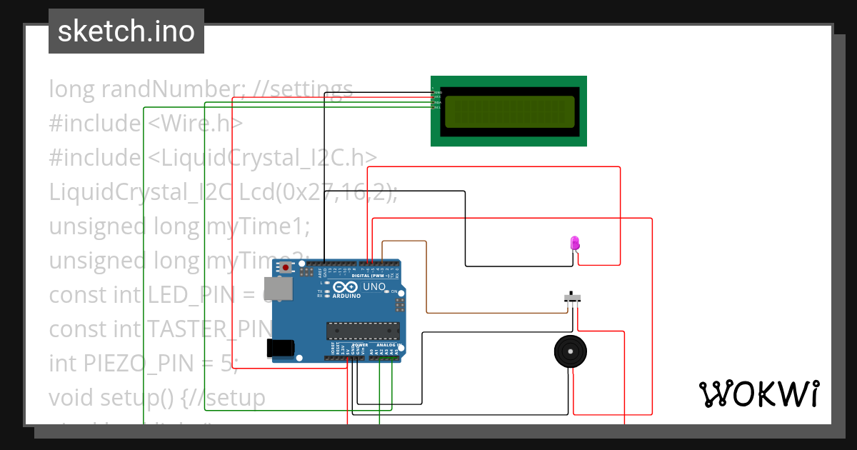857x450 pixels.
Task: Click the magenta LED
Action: tap(575, 243)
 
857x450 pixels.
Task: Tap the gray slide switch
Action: tap(572, 296)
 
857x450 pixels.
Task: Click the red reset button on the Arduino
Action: tap(286, 268)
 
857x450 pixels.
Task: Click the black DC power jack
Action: tap(280, 347)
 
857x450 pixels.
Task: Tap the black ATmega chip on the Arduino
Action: tap(362, 330)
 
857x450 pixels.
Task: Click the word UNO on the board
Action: tap(374, 286)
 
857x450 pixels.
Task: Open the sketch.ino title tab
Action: tap(126, 31)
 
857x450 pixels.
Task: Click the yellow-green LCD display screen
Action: tap(509, 111)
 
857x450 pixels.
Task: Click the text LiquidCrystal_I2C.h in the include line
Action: tap(263, 158)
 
